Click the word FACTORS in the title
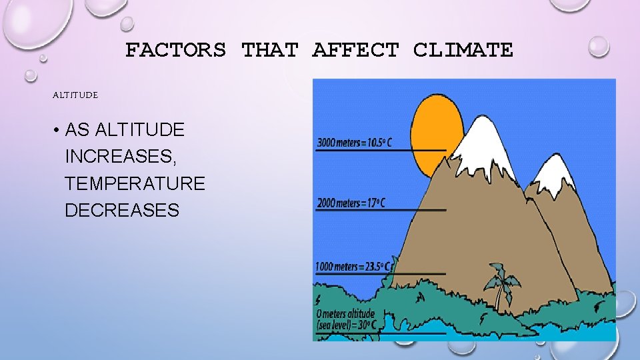click(175, 50)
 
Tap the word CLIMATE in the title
click(463, 50)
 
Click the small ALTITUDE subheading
click(75, 95)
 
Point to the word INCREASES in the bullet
click(121, 157)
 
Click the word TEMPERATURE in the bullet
click(135, 183)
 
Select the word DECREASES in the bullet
click(122, 211)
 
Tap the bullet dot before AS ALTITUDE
click(57, 130)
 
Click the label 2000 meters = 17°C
click(351, 202)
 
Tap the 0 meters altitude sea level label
click(347, 319)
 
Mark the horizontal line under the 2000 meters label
click(380, 211)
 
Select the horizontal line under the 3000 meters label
click(380, 151)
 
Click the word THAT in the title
click(267, 50)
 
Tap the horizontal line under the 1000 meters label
click(380, 273)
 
